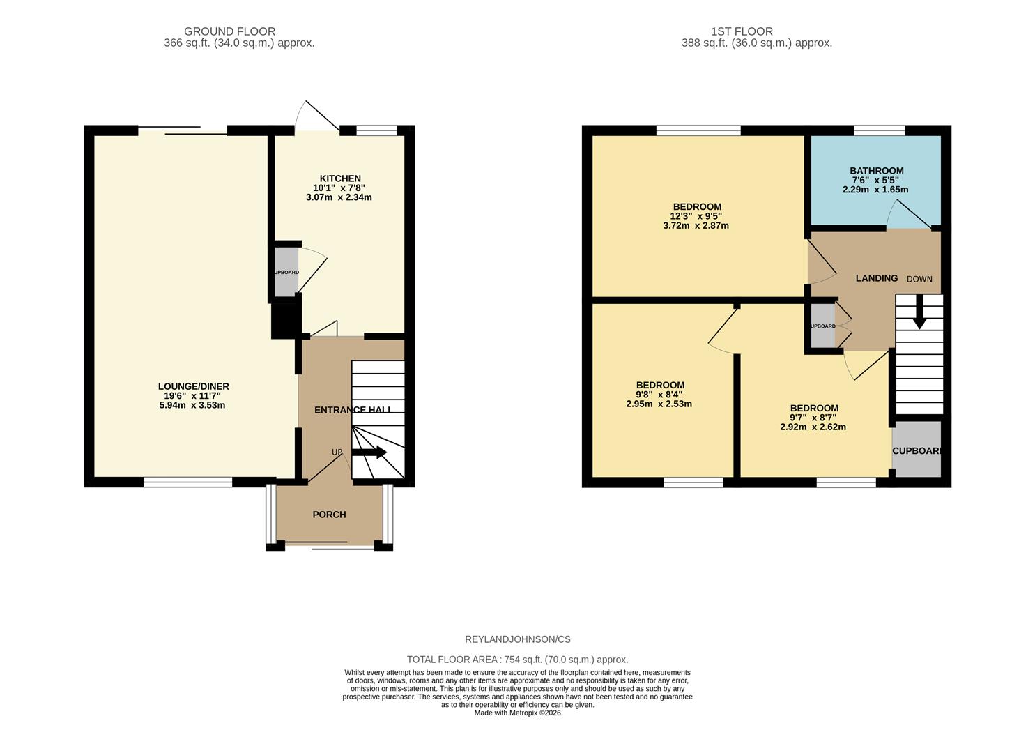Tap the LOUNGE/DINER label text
click(x=193, y=386)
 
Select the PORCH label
click(x=329, y=515)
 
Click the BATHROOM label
click(x=876, y=171)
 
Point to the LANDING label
click(x=876, y=278)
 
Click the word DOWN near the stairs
click(x=919, y=279)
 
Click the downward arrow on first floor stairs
click(x=919, y=312)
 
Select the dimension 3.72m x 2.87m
click(x=696, y=226)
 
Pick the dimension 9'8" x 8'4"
click(x=659, y=395)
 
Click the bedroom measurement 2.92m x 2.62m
click(x=813, y=427)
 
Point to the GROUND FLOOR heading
click(x=229, y=31)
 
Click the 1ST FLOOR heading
click(x=742, y=31)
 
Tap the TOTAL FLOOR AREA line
click(x=517, y=660)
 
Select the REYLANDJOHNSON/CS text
click(x=517, y=639)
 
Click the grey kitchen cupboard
click(x=286, y=272)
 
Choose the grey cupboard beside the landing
click(x=822, y=326)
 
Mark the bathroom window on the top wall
click(x=879, y=130)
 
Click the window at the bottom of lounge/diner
click(x=187, y=481)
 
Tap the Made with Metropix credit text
click(x=517, y=713)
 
